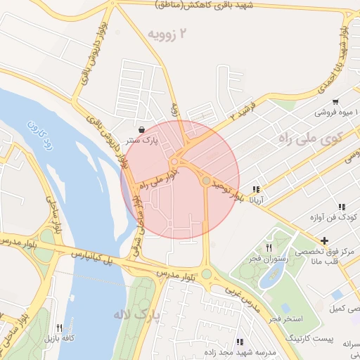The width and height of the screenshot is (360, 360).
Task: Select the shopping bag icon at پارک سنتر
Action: click(x=143, y=129)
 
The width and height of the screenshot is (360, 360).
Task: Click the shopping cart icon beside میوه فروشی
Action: click(x=335, y=101)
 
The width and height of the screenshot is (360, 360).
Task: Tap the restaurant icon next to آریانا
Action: click(x=257, y=189)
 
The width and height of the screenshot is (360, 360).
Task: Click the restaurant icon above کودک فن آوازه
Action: click(x=341, y=207)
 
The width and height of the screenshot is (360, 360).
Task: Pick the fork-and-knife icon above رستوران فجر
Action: click(x=268, y=247)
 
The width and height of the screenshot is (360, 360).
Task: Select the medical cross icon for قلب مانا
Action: click(x=323, y=242)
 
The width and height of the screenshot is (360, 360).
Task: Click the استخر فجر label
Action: click(x=283, y=319)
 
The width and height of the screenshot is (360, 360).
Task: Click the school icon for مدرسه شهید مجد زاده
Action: click(x=241, y=341)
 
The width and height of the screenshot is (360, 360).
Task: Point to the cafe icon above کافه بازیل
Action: click(x=59, y=328)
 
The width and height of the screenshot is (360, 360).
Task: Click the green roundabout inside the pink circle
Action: click(x=205, y=181)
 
